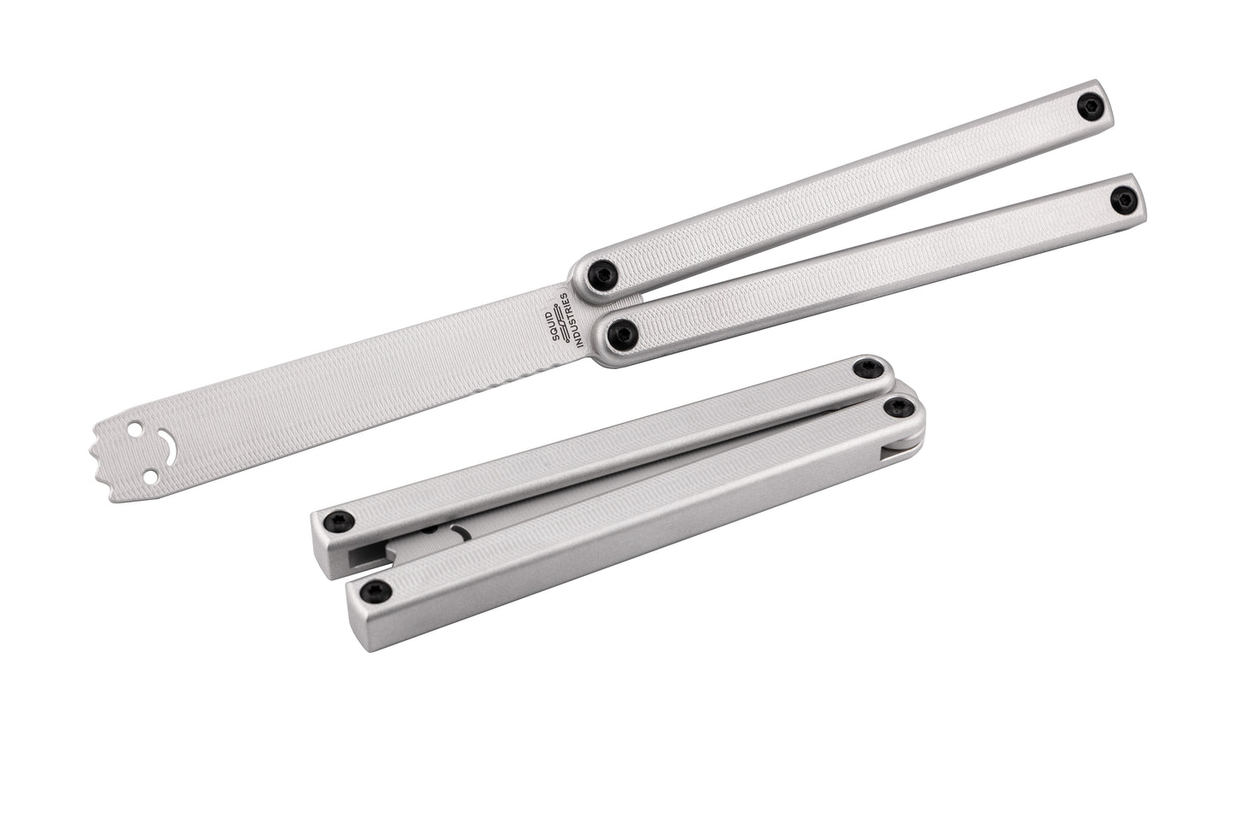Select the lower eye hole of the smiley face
tap(151, 474)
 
